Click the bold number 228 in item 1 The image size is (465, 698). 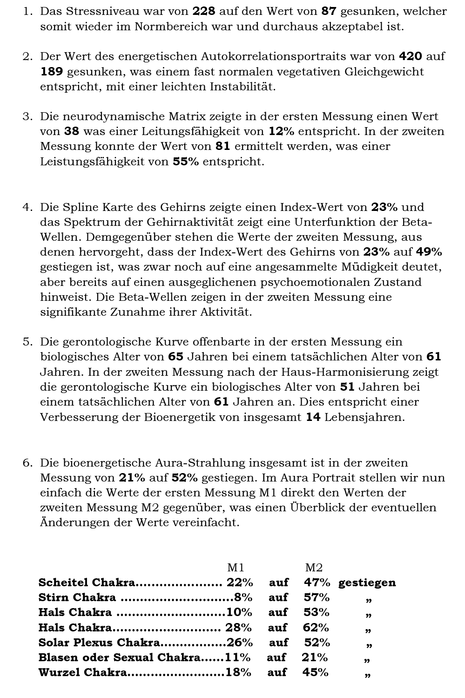(204, 11)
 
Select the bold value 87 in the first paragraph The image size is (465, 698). (329, 11)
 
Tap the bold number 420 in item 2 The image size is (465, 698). (411, 56)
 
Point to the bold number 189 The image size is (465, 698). (52, 72)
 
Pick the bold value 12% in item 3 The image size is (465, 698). (282, 131)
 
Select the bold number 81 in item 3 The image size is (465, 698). (223, 146)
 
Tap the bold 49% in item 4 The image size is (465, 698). (429, 252)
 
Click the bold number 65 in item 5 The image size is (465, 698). (176, 357)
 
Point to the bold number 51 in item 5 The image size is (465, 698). (347, 387)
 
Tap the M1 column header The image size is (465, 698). (236, 568)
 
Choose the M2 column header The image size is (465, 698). (314, 568)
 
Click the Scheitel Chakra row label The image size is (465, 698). (87, 583)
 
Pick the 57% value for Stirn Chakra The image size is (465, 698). (317, 597)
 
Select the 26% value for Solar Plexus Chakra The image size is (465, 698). (240, 643)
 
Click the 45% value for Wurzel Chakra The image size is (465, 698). (316, 672)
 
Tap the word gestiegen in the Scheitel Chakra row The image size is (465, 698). (367, 583)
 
